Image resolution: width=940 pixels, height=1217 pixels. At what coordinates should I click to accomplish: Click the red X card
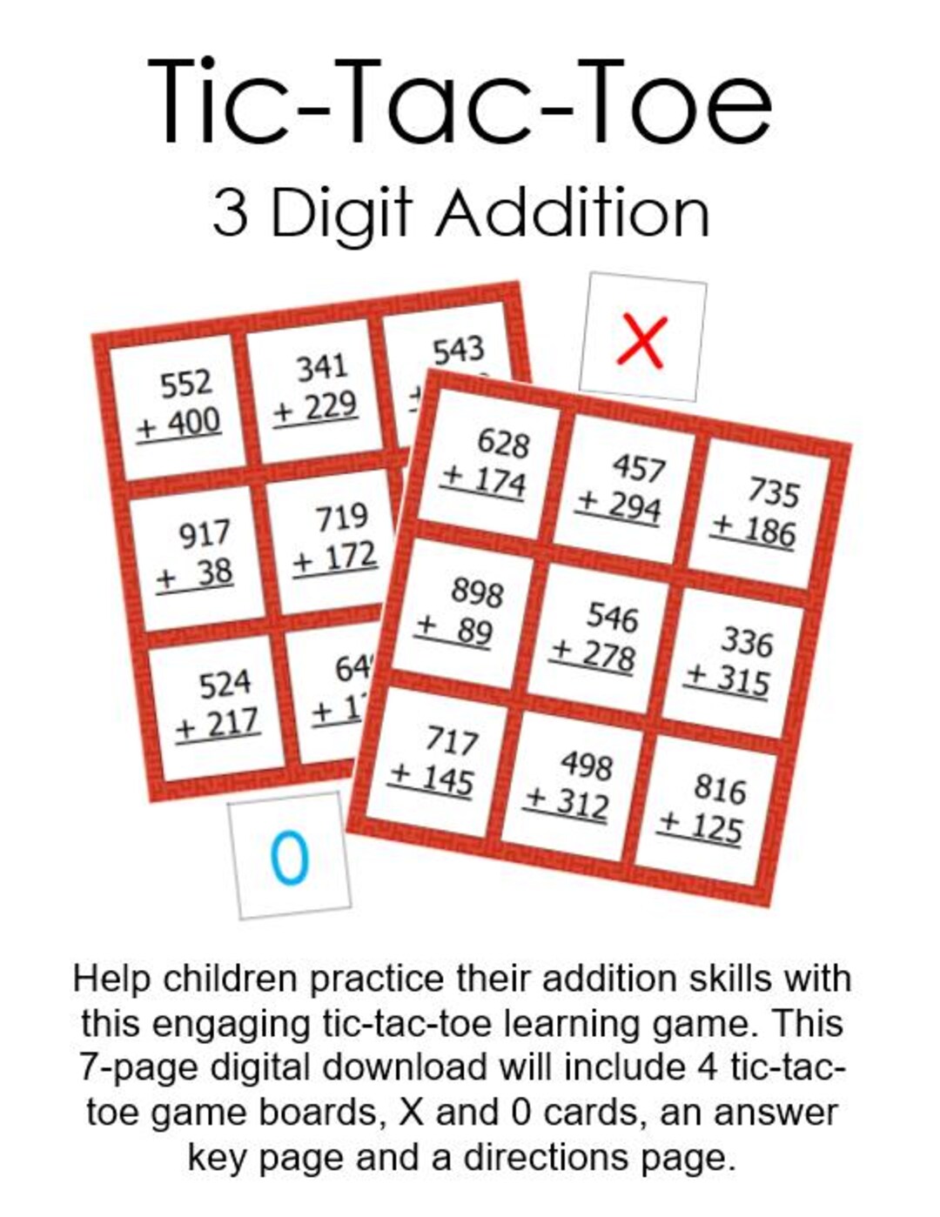tap(642, 338)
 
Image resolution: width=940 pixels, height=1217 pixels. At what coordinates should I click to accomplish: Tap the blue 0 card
tap(290, 856)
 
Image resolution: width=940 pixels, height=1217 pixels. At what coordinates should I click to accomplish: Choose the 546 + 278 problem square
tap(598, 637)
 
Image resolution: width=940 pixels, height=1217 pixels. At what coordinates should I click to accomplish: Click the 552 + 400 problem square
tap(180, 404)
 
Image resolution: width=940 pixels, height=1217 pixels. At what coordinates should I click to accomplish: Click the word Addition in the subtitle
tap(573, 214)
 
